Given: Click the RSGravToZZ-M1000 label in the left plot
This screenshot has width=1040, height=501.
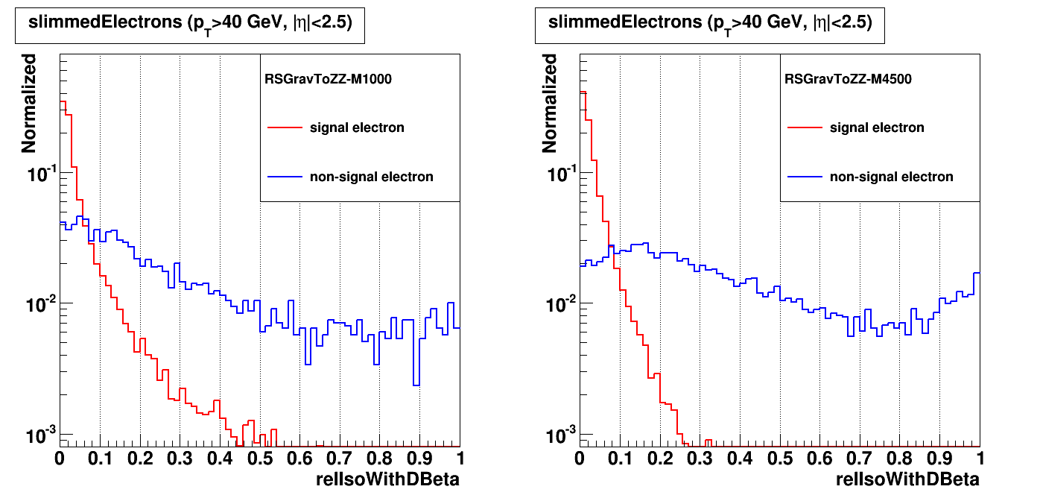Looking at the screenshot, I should point(328,78).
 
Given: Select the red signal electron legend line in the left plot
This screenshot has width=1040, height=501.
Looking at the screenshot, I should point(285,128).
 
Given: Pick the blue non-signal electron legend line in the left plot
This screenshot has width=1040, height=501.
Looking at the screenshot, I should point(285,177).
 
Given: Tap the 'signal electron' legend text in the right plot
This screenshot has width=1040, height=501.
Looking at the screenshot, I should point(877,127).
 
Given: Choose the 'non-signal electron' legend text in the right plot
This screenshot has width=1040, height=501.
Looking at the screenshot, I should point(891,177).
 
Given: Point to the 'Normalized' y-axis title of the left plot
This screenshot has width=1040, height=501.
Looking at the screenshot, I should point(29,103).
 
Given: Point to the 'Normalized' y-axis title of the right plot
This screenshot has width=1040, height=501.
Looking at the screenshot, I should point(549,103).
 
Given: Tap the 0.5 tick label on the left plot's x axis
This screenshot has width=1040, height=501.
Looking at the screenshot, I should point(259,457).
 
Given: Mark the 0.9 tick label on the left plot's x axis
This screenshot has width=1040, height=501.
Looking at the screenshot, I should point(419,457).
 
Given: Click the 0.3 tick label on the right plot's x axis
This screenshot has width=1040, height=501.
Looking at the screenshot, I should point(700,457).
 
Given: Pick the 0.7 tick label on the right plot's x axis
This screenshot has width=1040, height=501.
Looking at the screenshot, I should point(860,457).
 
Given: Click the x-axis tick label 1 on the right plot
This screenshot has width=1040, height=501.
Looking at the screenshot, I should point(979,457).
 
